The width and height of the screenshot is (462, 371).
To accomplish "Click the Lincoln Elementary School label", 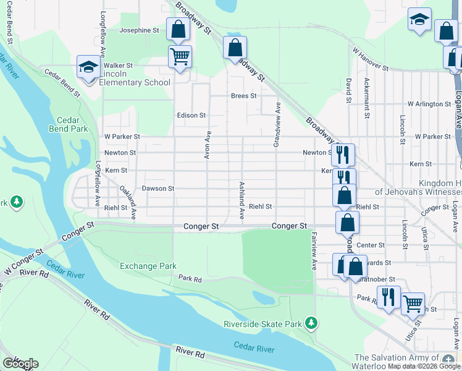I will coord(135,78).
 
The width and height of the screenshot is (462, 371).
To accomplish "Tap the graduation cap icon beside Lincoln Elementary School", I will coord(88,67).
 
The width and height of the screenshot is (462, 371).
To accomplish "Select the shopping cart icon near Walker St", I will coord(180,57).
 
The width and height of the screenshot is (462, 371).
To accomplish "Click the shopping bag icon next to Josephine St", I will coord(178,29).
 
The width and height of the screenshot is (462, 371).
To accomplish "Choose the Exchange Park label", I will coord(148,266).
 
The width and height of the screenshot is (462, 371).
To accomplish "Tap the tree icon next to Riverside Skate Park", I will coord(312,323).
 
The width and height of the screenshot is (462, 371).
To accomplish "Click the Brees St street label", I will coord(243,96).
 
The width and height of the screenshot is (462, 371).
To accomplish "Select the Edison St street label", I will coord(191,115).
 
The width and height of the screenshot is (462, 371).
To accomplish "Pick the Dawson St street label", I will coord(158,188).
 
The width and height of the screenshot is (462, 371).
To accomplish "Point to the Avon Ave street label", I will coord(209,145).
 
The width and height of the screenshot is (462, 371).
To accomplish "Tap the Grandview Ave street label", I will coord(277,124).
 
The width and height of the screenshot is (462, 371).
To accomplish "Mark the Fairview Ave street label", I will coord(314,251).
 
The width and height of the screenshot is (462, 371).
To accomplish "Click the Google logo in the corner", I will coord(20,363).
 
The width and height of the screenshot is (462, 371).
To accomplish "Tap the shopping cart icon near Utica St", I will coord(412,303).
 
